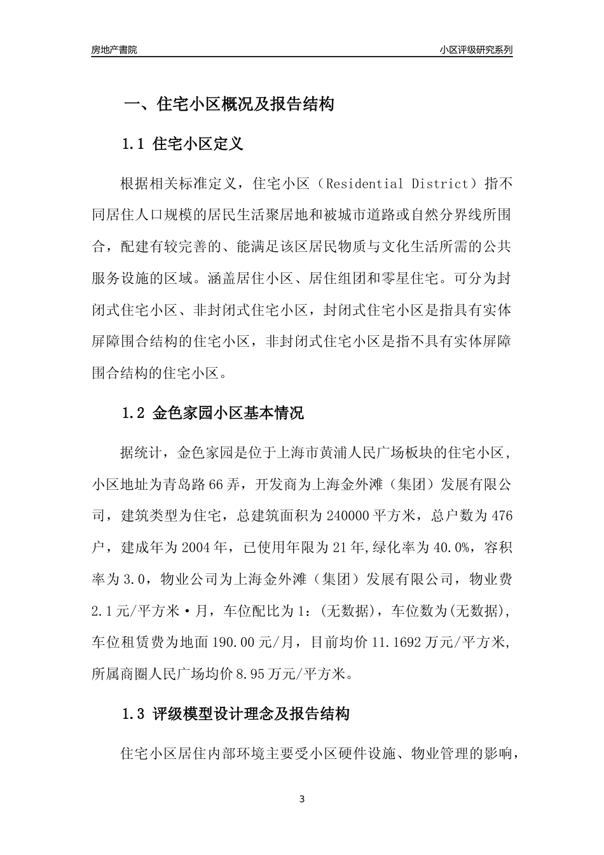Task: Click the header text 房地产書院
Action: click(114, 50)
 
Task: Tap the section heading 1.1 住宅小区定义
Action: click(182, 144)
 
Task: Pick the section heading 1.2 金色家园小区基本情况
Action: click(212, 414)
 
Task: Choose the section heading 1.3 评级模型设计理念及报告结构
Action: click(235, 714)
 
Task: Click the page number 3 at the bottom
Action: click(302, 799)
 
